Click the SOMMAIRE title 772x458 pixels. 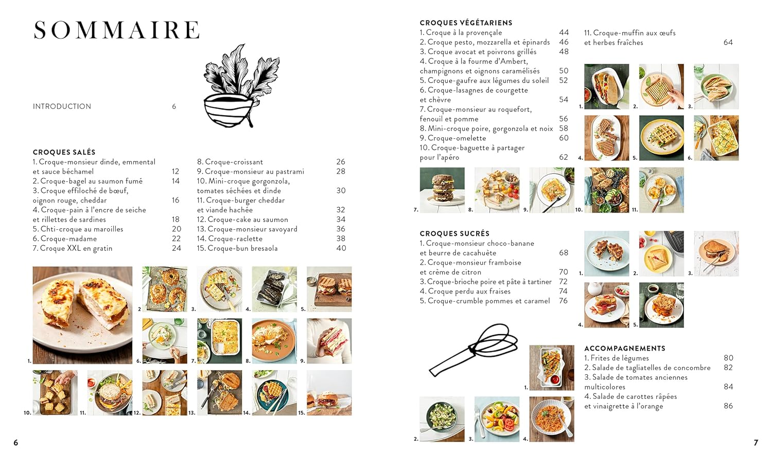116,30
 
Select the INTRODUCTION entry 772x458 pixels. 62,106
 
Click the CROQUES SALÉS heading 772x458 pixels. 64,152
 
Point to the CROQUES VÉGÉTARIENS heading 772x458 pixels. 466,23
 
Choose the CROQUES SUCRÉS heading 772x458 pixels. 454,233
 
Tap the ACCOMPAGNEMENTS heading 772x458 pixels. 624,349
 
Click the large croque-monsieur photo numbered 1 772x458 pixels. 82,315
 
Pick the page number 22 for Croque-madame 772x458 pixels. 176,239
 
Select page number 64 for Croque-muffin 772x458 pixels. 728,42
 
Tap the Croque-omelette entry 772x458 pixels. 453,138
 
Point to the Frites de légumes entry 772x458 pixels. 616,358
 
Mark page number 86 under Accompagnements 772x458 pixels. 728,406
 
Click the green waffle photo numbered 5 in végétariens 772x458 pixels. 661,138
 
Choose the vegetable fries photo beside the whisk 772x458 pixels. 552,368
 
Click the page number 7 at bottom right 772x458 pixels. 756,443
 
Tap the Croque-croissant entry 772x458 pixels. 230,162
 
